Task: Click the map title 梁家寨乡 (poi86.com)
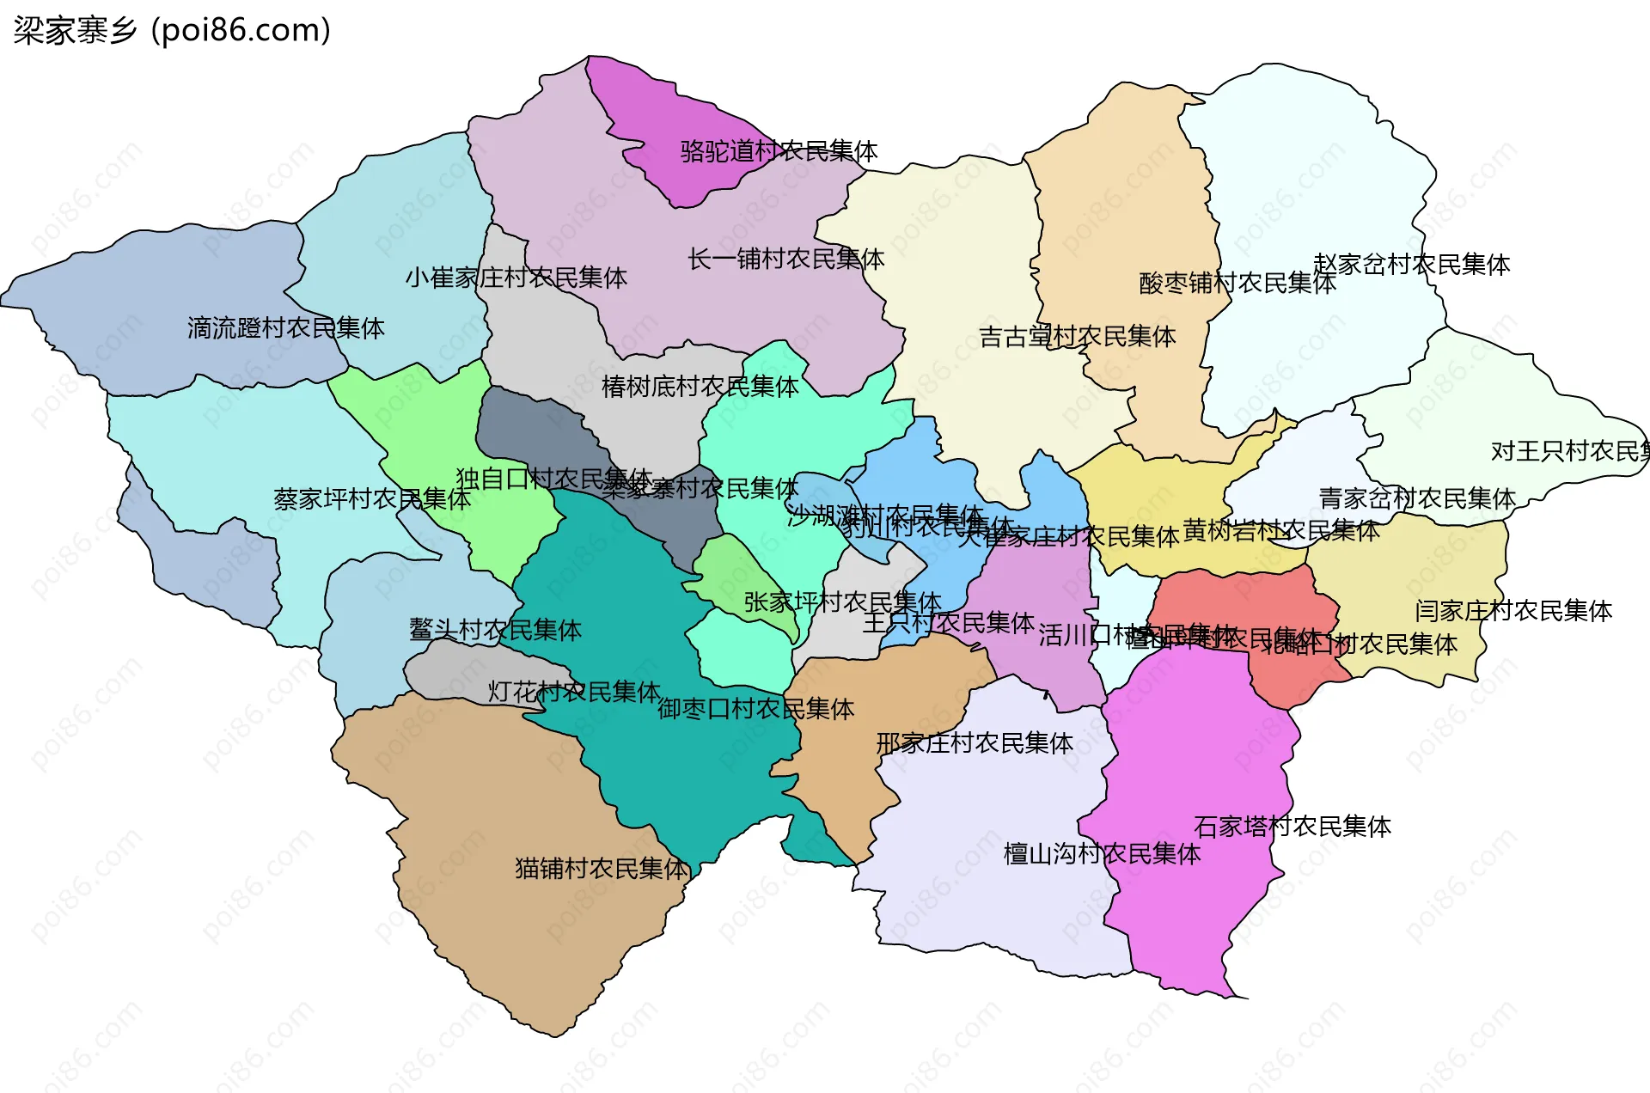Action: [x=172, y=30]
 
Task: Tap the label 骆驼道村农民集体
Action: [x=779, y=151]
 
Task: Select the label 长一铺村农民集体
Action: [x=785, y=259]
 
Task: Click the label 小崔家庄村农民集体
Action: [x=516, y=278]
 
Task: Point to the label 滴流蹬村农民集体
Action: [x=285, y=328]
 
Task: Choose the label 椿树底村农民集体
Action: [x=700, y=387]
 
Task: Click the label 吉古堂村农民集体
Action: [x=1077, y=337]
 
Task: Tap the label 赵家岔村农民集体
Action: [x=1411, y=265]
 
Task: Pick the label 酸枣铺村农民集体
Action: [x=1237, y=284]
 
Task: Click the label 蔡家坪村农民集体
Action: [x=371, y=499]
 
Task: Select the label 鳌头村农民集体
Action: [x=495, y=630]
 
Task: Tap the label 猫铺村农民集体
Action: [x=602, y=869]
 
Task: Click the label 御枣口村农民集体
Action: [x=755, y=709]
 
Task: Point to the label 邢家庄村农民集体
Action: [x=974, y=743]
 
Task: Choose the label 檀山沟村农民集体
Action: [x=1102, y=854]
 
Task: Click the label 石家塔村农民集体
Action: [x=1292, y=827]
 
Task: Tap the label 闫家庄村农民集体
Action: [x=1512, y=611]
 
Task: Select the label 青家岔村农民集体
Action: [x=1416, y=498]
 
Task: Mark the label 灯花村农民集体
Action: [x=574, y=692]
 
